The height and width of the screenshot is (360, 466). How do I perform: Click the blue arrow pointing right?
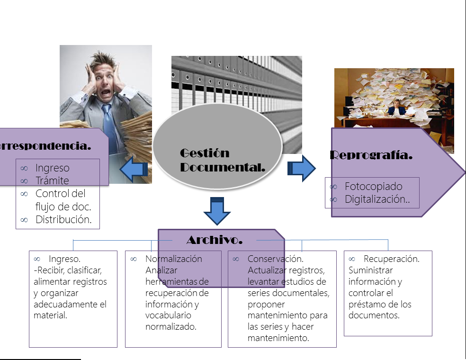[x=302, y=168]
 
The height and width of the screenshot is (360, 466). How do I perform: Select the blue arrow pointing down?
[x=217, y=211]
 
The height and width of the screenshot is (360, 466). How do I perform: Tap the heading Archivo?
[x=214, y=240]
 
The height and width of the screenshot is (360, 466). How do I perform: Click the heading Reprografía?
[x=371, y=155]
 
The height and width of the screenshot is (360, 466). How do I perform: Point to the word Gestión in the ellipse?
[x=205, y=153]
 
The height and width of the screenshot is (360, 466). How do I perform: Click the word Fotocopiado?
[x=373, y=186]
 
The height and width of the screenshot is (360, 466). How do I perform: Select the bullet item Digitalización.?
[x=377, y=199]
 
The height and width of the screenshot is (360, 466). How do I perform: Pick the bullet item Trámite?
[x=52, y=180]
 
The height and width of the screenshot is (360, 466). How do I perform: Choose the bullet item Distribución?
[x=63, y=219]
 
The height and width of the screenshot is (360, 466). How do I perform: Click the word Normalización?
[x=173, y=259]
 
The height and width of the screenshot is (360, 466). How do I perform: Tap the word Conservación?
[x=275, y=259]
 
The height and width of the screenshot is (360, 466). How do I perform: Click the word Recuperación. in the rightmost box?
[x=391, y=259]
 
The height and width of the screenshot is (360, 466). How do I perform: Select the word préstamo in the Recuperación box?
[x=368, y=304]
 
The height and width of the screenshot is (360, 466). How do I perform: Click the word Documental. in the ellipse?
[x=222, y=167]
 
